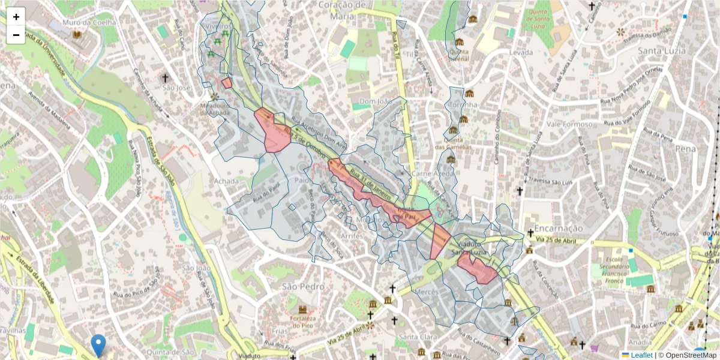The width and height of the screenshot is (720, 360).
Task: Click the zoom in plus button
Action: (x=16, y=17)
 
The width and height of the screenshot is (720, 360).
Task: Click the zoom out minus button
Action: (x=16, y=35)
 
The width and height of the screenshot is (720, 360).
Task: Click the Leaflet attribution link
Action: (x=641, y=355)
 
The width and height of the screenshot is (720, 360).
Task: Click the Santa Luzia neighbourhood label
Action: (x=661, y=50)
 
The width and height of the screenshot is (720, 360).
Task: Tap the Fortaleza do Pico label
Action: (x=302, y=322)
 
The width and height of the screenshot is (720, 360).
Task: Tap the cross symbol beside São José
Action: (x=165, y=78)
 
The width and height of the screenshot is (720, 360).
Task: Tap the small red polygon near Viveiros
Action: (x=227, y=83)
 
